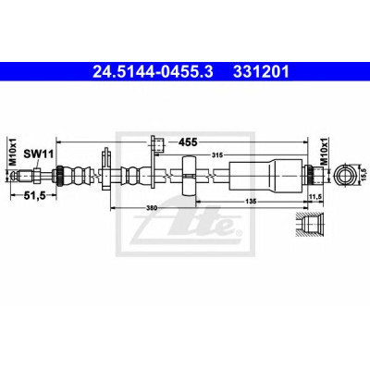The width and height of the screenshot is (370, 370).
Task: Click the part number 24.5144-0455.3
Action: (153, 72)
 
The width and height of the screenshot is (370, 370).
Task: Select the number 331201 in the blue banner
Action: (261, 72)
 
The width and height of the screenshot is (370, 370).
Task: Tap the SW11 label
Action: (39, 154)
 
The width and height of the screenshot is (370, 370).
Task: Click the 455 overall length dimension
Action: (188, 142)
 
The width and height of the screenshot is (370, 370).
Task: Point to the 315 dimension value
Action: (217, 155)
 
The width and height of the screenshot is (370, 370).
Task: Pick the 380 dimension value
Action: (153, 208)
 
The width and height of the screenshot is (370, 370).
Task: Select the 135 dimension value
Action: (252, 202)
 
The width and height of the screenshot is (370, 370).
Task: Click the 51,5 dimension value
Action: (33, 195)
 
